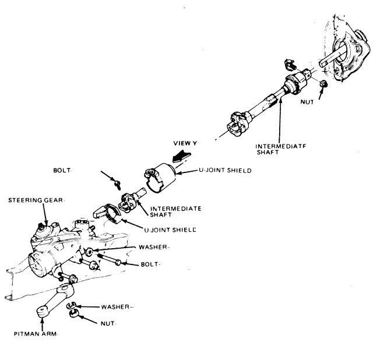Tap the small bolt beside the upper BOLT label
click(x=117, y=184)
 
